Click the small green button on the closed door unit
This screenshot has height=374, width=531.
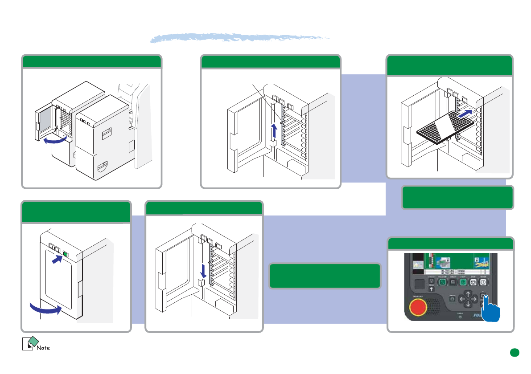[x=66, y=254]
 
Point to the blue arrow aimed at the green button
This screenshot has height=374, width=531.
[x=57, y=258]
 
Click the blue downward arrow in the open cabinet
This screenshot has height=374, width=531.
[x=203, y=271]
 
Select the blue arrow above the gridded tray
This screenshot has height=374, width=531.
[x=465, y=114]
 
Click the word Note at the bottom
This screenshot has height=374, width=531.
[x=43, y=348]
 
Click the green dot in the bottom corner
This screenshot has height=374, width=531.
[x=515, y=353]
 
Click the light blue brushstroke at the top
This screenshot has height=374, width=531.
[x=241, y=38]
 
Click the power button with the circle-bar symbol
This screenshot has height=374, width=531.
[x=484, y=282]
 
